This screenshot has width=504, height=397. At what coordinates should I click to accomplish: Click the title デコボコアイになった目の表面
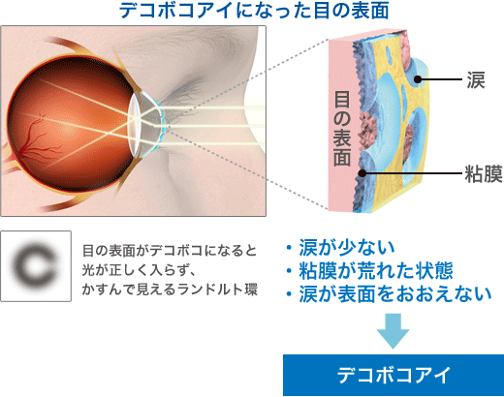pos(254,11)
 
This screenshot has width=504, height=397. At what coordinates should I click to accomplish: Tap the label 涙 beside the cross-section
pos(476,79)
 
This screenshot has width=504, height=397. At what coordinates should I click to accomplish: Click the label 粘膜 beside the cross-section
pos(484,173)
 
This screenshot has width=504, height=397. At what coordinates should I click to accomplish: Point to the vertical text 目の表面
pos(342,129)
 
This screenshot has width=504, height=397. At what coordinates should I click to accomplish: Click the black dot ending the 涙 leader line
pos(418,79)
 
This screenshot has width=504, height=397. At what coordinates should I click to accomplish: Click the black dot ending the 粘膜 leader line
pos(362,173)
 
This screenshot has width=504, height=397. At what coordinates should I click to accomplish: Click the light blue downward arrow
pos(393,331)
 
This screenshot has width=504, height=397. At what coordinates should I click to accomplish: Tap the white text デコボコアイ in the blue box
pos(394,375)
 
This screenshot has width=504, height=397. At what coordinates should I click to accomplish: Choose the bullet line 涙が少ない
pos(340,248)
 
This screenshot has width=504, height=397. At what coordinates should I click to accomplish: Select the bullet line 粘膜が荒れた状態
pos(369,270)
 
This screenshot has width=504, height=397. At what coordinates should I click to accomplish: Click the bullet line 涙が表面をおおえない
pos(389,294)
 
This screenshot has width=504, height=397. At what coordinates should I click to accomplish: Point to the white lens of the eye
pos(135,125)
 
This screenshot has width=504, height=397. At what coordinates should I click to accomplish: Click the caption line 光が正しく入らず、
pos(139,270)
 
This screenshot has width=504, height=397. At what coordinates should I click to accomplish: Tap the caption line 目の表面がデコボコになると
pos(170,251)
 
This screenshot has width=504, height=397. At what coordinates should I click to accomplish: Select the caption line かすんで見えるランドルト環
pos(170,290)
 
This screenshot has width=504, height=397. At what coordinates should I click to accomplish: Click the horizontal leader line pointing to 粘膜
pos(413,173)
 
